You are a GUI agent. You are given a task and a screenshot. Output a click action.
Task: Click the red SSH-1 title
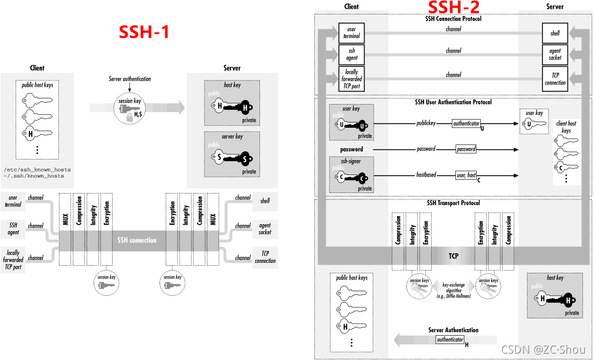(x=144, y=32)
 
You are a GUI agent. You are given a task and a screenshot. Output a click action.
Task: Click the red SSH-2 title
(x=454, y=8)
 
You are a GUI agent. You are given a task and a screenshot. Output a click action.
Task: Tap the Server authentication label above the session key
(x=130, y=79)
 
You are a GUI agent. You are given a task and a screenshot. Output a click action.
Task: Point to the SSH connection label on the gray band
(x=136, y=240)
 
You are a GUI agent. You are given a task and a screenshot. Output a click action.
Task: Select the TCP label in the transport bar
(x=454, y=255)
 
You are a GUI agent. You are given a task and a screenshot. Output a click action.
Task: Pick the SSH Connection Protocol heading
(x=453, y=19)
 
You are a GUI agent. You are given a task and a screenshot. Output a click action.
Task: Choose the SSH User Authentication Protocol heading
(x=453, y=102)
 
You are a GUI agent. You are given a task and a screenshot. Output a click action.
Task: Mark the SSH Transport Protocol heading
(x=453, y=203)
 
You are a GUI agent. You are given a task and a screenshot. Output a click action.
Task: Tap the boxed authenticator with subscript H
(x=450, y=340)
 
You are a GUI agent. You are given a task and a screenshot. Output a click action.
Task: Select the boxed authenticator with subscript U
(x=466, y=124)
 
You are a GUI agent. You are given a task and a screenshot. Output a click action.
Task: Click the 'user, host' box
(x=466, y=175)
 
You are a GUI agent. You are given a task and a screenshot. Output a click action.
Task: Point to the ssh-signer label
(x=351, y=162)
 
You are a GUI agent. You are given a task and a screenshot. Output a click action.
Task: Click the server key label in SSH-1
(x=232, y=136)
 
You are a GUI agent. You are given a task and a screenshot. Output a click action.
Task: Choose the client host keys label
(x=566, y=127)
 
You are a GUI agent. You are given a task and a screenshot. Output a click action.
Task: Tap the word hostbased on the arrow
(x=426, y=175)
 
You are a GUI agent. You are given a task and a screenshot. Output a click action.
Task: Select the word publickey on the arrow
(x=426, y=124)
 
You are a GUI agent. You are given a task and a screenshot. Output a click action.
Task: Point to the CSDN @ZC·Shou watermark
(x=543, y=350)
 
